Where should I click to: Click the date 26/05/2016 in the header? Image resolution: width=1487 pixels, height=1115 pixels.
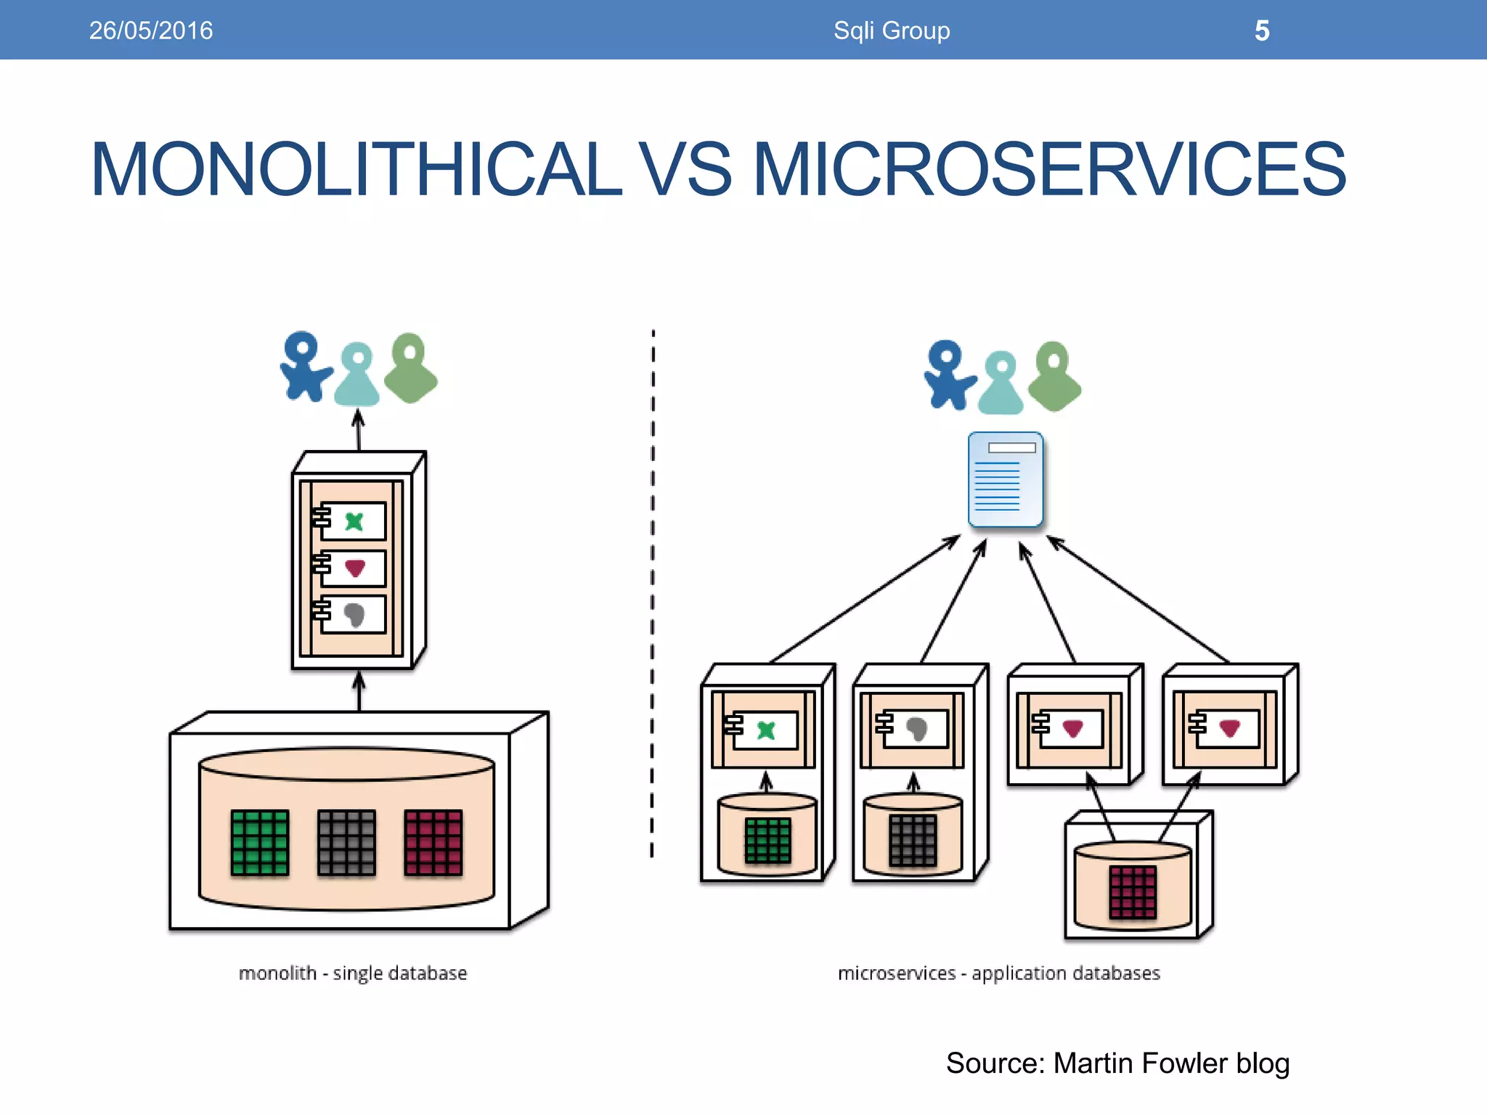(150, 30)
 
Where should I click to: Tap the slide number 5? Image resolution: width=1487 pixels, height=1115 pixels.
(1262, 30)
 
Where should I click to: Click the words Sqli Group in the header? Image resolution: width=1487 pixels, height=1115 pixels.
(891, 30)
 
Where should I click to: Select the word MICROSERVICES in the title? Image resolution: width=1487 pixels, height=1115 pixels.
(1050, 169)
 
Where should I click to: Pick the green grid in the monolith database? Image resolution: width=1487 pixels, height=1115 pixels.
(259, 843)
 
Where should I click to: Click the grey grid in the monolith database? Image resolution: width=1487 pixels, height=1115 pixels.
(346, 843)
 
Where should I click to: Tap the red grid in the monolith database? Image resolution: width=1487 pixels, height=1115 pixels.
(433, 843)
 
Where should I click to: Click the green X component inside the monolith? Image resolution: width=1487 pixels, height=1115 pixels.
(354, 521)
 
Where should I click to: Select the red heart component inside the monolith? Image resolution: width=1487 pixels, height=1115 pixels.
(354, 568)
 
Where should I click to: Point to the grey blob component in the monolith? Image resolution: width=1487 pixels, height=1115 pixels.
(354, 615)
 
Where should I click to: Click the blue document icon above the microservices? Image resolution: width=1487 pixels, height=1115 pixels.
(1006, 480)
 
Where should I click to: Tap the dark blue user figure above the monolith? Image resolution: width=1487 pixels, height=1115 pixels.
(303, 367)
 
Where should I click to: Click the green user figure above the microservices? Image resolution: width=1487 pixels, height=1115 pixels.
(1056, 376)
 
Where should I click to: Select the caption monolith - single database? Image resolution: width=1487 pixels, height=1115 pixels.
(353, 973)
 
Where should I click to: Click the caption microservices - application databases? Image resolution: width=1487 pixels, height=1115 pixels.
(998, 973)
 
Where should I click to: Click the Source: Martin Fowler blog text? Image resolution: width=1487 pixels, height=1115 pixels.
(1117, 1063)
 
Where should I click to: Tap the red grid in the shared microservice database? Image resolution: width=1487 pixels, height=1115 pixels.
(1133, 892)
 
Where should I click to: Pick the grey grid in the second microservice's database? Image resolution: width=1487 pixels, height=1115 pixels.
(913, 840)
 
